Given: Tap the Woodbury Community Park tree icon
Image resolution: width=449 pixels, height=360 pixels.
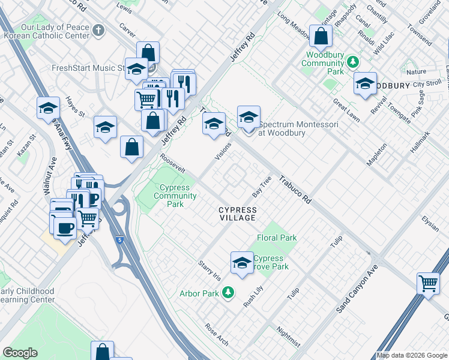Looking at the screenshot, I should (354, 61).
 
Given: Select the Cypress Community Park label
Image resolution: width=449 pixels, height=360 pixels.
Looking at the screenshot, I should (175, 196).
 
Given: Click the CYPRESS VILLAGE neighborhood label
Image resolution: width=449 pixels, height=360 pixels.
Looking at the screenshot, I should (238, 214).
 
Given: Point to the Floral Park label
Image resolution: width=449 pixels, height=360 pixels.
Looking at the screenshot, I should (277, 238).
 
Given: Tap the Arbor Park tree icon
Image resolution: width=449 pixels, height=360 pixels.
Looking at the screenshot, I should (228, 293).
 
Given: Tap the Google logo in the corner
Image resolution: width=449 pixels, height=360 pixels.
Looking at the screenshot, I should (20, 353).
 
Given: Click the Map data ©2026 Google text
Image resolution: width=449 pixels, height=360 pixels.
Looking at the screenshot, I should (412, 355).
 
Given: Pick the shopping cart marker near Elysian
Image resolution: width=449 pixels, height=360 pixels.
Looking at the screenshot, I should (429, 283).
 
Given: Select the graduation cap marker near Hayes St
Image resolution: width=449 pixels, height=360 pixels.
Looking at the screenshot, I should (106, 127).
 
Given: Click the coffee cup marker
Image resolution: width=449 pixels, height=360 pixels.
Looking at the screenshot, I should (65, 227).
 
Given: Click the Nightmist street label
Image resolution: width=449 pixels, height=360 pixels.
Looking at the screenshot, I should (289, 337).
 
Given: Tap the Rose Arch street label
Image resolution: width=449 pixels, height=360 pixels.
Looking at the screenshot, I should (216, 335).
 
